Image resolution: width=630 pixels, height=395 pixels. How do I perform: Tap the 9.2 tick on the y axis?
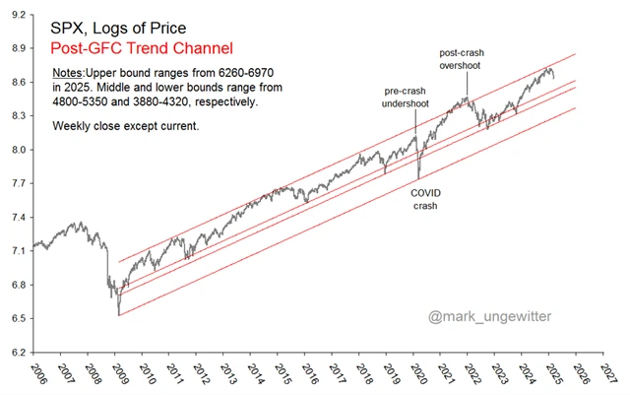click(x=19, y=15)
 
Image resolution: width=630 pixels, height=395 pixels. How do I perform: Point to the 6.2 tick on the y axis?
click(x=19, y=352)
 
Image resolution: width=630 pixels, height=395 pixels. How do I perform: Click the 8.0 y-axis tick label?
click(x=19, y=150)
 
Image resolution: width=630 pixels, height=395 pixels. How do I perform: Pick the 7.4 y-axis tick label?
click(x=19, y=217)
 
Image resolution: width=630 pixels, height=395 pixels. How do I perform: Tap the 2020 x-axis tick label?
click(x=416, y=375)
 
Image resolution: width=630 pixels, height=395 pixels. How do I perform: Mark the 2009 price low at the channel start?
click(x=118, y=313)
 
